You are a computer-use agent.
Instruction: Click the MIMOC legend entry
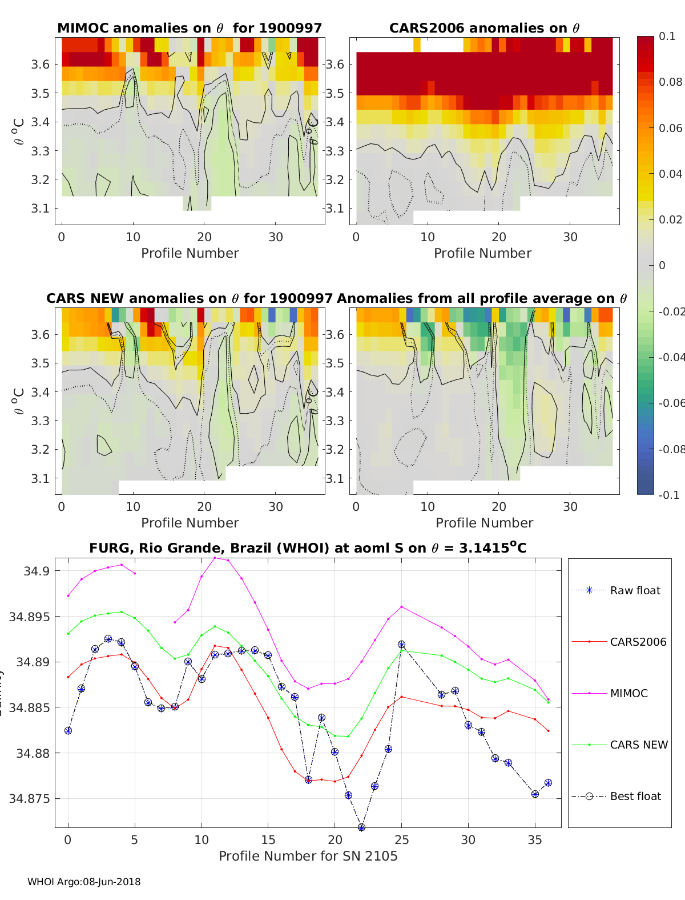pos(628,693)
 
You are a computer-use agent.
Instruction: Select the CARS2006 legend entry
pos(638,642)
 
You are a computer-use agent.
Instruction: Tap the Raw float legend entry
pos(635,590)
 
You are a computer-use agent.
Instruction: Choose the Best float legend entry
pos(635,796)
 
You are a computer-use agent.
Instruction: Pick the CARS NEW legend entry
pos(638,745)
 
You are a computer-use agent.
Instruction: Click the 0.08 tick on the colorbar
pos(670,82)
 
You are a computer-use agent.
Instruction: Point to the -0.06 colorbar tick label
pos(670,403)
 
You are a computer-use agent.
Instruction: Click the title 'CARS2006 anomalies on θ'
pos(484,28)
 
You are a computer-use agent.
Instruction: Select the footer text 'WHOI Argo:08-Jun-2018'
pos(84,882)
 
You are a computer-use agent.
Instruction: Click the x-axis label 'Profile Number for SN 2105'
pos(308,856)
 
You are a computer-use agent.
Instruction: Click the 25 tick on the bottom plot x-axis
pos(401,839)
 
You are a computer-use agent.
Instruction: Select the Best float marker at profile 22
pos(361,827)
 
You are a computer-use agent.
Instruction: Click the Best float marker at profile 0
pos(68,730)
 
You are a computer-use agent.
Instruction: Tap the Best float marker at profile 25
pos(401,645)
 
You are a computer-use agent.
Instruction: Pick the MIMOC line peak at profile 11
pos(215,557)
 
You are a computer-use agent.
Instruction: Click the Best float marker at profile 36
pos(548,783)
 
